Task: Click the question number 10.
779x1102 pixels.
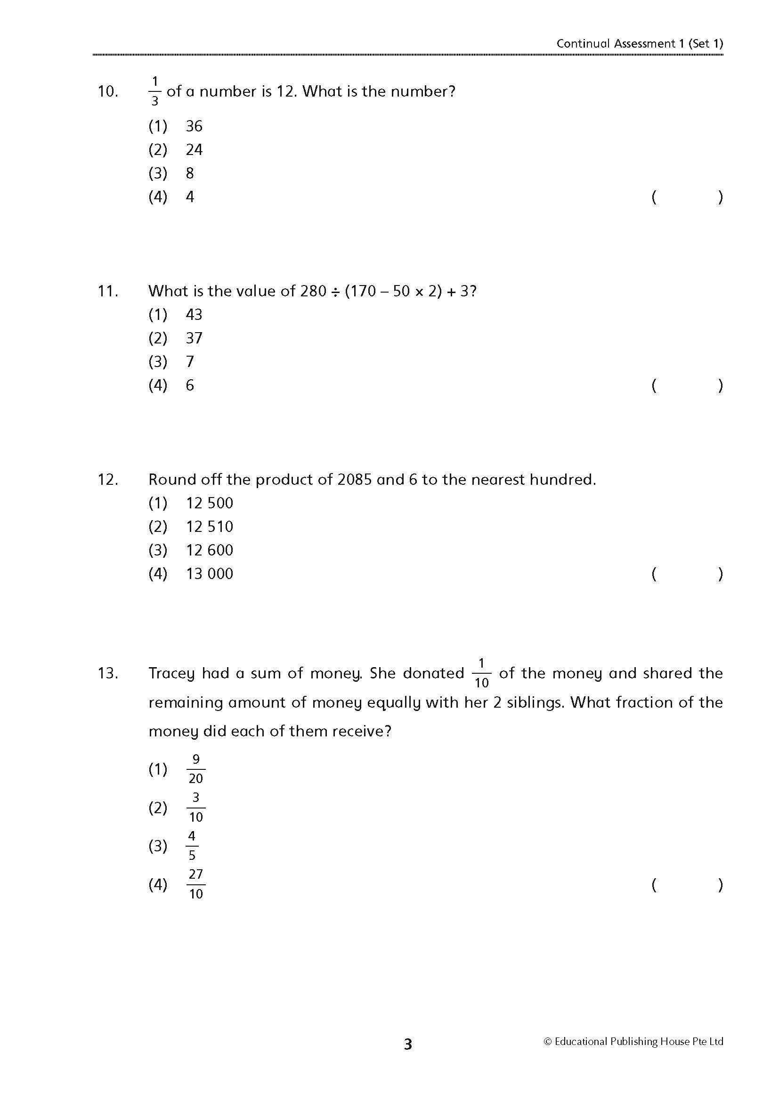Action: (107, 91)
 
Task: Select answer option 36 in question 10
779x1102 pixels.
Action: (194, 126)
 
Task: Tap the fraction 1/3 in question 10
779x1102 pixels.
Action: (154, 91)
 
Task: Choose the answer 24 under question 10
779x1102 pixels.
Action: (194, 150)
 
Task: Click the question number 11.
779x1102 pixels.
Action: (107, 291)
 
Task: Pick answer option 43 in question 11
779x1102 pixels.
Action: (194, 315)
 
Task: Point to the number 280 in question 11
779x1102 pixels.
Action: (313, 291)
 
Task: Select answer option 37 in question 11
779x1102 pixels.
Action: (194, 338)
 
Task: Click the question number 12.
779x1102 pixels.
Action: (107, 480)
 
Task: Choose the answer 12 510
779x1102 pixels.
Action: (210, 527)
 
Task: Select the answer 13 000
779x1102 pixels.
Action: (210, 574)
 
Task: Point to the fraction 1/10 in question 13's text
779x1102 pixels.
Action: (481, 673)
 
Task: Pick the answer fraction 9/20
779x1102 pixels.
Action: (196, 769)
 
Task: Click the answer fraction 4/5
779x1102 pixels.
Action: (192, 846)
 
